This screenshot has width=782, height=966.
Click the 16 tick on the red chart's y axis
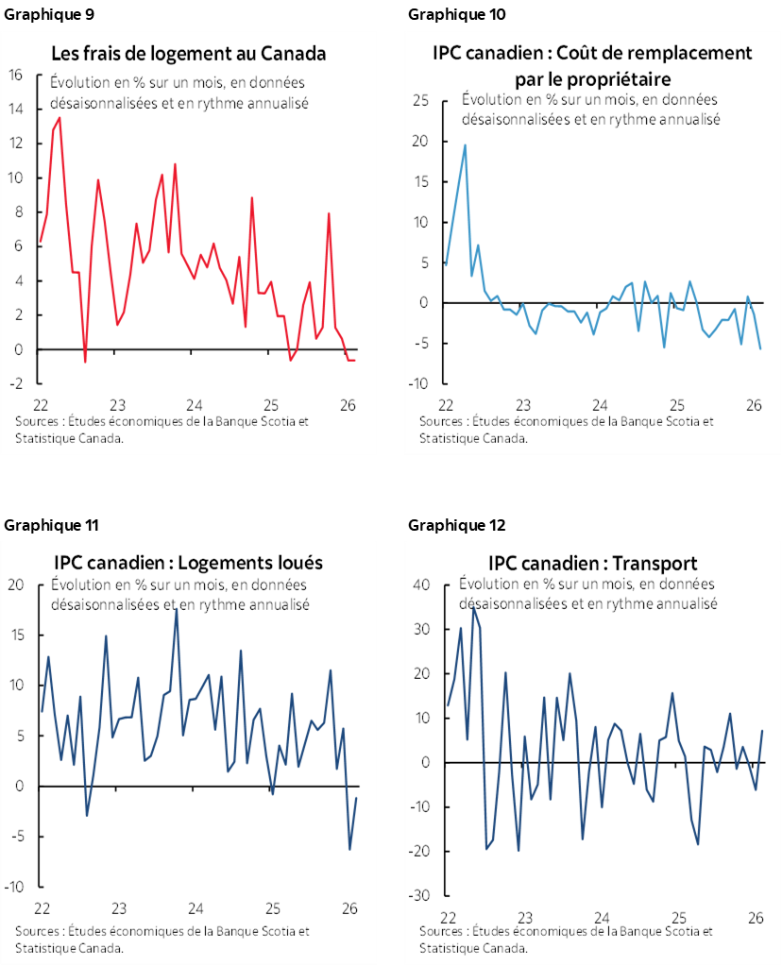[15, 76]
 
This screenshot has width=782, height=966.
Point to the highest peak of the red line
[59, 118]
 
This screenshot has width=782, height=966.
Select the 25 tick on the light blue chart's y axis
[421, 101]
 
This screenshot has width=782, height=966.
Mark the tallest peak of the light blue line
[465, 145]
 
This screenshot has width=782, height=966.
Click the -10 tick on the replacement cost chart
[419, 383]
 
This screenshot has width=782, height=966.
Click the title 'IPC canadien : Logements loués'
[189, 563]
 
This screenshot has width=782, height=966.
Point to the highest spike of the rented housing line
[176, 609]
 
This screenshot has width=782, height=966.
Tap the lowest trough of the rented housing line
[349, 849]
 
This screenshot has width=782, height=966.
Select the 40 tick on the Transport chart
[421, 585]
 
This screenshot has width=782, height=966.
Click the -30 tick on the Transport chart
[419, 895]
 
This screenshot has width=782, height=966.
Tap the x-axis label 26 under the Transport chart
[756, 917]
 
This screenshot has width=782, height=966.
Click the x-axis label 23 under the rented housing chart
[119, 908]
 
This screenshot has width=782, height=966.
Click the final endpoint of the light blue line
[760, 348]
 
